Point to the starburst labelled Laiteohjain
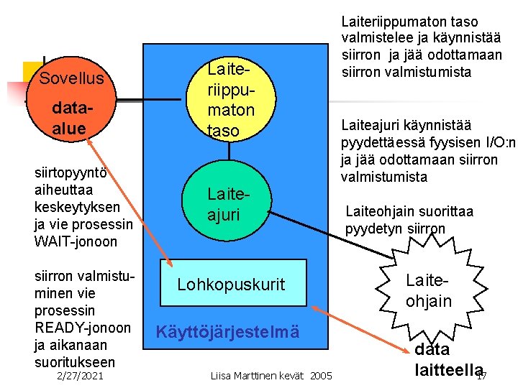[x=428, y=290]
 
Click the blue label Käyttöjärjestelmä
[x=227, y=332]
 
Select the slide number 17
[x=481, y=376]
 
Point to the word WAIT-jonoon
[x=76, y=241]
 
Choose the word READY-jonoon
[x=83, y=328]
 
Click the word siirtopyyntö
[x=71, y=172]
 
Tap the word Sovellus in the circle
[x=71, y=78]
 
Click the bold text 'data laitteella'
[x=446, y=359]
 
